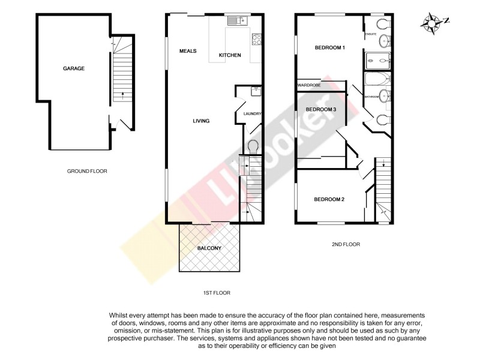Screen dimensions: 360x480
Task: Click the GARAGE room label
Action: [x=74, y=68]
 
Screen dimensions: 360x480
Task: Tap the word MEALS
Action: [x=188, y=51]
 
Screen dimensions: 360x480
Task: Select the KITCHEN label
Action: [x=230, y=55]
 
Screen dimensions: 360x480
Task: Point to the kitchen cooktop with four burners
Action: [x=257, y=39]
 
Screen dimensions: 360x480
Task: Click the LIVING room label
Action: [x=201, y=121]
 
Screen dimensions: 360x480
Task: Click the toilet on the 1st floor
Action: [x=253, y=146]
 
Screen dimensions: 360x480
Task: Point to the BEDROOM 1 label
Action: [x=330, y=47]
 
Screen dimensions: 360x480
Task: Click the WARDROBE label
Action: [x=309, y=86]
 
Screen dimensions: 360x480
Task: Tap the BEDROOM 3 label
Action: [x=321, y=109]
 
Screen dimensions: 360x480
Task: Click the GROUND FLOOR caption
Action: [x=87, y=171]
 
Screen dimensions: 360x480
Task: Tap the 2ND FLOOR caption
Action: [x=346, y=244]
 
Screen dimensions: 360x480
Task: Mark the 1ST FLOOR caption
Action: [x=217, y=293]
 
